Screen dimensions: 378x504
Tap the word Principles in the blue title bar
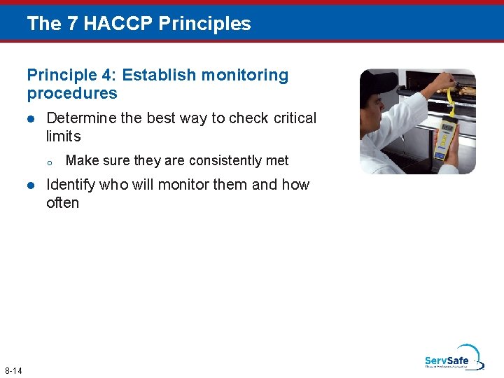click(204, 24)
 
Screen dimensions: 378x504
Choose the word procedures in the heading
click(72, 93)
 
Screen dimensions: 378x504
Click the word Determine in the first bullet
click(80, 118)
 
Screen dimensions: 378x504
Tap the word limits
click(64, 136)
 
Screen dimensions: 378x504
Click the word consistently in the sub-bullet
click(226, 161)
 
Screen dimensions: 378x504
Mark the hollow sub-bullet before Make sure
click(50, 162)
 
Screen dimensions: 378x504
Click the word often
click(62, 203)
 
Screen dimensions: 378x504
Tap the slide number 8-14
click(13, 370)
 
